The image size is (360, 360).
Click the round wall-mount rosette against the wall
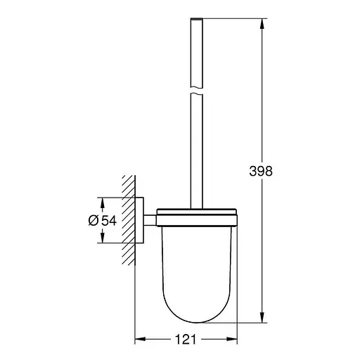point(139,220)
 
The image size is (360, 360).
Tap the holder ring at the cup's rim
point(197,214)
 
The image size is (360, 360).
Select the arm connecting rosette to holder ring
point(150,219)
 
